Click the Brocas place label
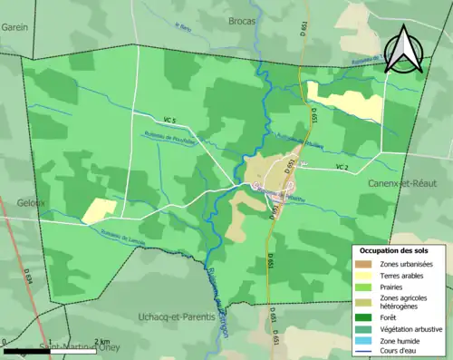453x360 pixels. (242, 19)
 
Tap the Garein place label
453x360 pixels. (14, 26)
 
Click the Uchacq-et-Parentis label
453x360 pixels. (177, 317)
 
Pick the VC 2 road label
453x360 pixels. (342, 167)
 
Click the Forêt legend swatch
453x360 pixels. (366, 317)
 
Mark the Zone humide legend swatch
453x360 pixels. (366, 339)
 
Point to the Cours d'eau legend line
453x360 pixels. (366, 350)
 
